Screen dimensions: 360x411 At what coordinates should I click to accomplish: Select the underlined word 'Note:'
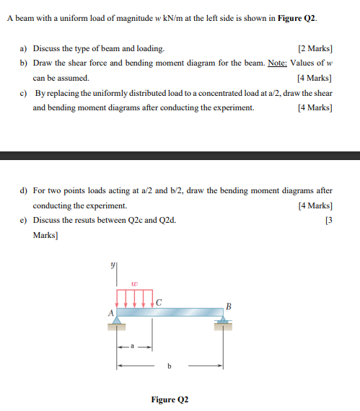pyautogui.click(x=277, y=63)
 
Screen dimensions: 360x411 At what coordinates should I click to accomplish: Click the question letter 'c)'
pyautogui.click(x=23, y=94)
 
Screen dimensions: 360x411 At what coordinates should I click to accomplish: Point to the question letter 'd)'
pyautogui.click(x=23, y=190)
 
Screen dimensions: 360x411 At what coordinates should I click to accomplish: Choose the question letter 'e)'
pyautogui.click(x=23, y=219)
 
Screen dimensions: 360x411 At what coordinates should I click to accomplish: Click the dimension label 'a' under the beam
pyautogui.click(x=133, y=347)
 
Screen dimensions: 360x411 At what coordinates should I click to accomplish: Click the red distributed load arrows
pyautogui.click(x=135, y=298)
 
